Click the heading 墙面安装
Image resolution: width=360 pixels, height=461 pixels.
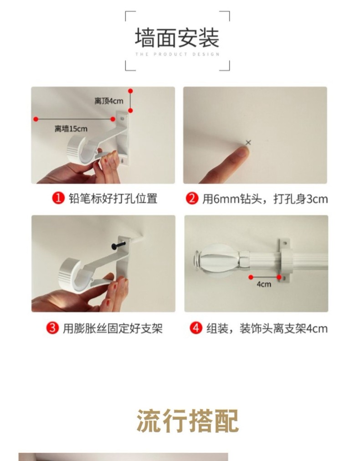point(177,38)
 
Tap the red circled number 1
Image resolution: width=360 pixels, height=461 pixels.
point(58,198)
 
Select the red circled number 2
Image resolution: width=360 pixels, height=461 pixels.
point(192,198)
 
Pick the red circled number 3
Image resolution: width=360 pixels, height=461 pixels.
point(52,328)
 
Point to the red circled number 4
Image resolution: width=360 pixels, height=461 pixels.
point(196,328)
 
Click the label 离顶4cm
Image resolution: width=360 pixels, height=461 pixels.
point(109,101)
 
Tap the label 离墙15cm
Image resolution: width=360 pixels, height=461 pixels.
point(71,129)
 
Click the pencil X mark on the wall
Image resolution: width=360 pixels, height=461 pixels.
point(248,143)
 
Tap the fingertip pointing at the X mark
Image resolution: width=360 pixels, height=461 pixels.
point(243,152)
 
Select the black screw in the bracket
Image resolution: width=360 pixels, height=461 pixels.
point(118,245)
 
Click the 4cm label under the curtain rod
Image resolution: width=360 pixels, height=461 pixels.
point(264,284)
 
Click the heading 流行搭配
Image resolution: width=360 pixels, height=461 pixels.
point(187,421)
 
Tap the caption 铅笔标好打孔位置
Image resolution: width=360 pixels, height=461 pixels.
point(113,198)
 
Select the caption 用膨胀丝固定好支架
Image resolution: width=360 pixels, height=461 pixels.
point(113,328)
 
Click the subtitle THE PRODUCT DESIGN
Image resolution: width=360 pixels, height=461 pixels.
point(177,54)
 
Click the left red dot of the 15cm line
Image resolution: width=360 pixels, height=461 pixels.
point(36,119)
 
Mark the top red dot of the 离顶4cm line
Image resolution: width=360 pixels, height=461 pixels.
point(130,91)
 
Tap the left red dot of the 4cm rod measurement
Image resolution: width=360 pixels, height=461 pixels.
point(251,277)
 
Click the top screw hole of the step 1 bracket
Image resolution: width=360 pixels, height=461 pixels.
point(122,119)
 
